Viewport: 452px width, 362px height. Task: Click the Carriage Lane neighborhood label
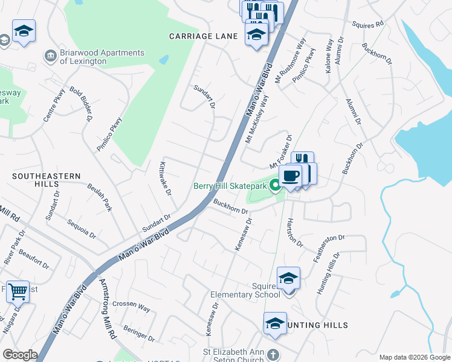[203, 36]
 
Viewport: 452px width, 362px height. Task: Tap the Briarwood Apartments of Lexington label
[103, 57]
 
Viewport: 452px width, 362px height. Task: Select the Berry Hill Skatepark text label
[230, 186]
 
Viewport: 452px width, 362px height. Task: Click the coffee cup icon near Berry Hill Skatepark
[290, 176]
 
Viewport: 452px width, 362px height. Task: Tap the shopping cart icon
[18, 292]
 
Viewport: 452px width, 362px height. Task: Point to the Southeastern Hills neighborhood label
[47, 180]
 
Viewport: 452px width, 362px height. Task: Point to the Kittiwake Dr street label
[166, 178]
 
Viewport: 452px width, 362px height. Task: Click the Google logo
[20, 354]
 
